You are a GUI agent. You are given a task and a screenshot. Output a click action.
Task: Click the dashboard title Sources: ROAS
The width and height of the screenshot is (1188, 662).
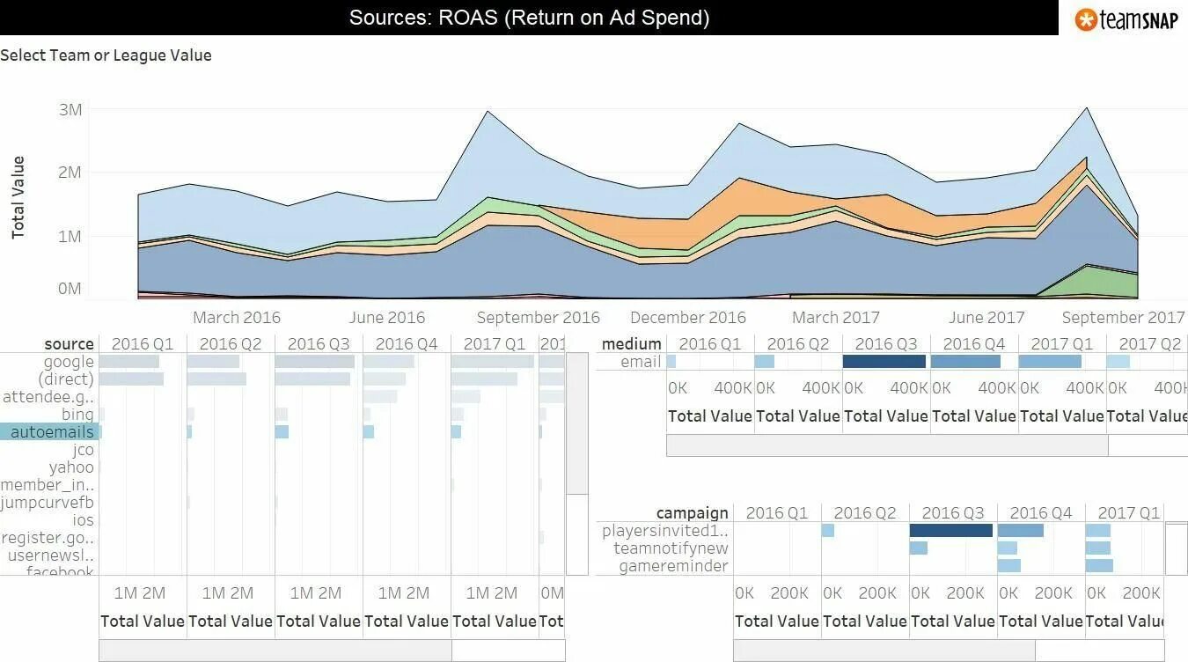pyautogui.click(x=529, y=18)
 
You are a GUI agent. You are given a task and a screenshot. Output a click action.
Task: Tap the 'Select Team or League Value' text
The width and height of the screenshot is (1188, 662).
pyautogui.click(x=106, y=55)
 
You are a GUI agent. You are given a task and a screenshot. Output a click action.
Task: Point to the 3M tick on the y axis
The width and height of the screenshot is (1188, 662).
pyautogui.click(x=70, y=110)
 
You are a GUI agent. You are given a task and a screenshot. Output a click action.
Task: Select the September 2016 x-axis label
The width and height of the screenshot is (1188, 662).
pyautogui.click(x=538, y=318)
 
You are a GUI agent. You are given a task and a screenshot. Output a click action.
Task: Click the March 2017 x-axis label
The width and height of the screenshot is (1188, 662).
pyautogui.click(x=835, y=318)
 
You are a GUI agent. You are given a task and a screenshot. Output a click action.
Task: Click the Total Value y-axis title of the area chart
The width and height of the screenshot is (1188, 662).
pyautogui.click(x=18, y=198)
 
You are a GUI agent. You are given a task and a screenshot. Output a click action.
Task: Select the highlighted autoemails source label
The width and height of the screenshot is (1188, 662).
pyautogui.click(x=51, y=432)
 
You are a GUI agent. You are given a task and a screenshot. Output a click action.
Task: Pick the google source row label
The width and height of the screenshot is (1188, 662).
pyautogui.click(x=69, y=362)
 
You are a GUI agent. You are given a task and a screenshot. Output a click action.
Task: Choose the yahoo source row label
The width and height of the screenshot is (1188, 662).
pyautogui.click(x=71, y=467)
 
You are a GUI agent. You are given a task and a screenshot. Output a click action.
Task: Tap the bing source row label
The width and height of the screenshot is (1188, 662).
pyautogui.click(x=77, y=415)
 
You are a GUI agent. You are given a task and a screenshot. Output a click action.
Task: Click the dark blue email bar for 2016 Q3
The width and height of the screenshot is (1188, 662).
pyautogui.click(x=884, y=362)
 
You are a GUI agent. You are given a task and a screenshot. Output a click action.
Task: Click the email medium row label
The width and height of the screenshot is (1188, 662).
pyautogui.click(x=641, y=362)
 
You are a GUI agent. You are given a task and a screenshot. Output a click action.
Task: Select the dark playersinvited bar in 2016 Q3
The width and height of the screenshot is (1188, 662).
pyautogui.click(x=950, y=531)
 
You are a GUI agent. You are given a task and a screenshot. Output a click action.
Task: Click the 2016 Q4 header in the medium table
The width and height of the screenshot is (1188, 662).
pyautogui.click(x=974, y=344)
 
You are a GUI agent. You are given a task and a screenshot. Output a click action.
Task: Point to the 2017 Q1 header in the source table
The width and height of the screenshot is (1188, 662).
pyautogui.click(x=494, y=344)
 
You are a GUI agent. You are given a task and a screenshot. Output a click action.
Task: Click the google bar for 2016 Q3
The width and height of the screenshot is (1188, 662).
pyautogui.click(x=314, y=362)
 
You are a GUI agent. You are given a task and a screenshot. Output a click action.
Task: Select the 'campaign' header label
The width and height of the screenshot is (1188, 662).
pyautogui.click(x=692, y=513)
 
